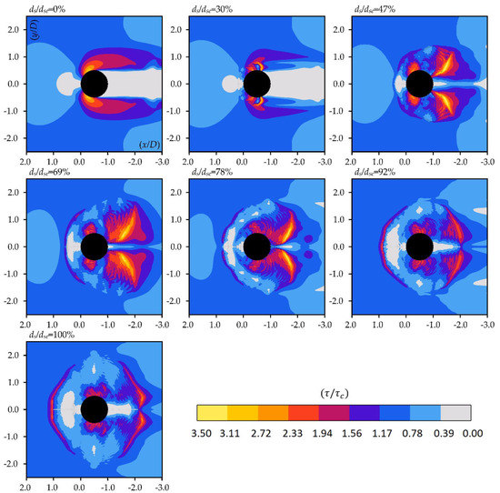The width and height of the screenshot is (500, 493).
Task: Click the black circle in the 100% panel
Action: (x=95, y=409)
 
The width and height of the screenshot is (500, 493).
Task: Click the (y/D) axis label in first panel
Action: (x=40, y=34)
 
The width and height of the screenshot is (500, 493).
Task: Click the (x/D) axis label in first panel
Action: (x=151, y=144)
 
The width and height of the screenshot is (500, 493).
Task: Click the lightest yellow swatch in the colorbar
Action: (x=211, y=414)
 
